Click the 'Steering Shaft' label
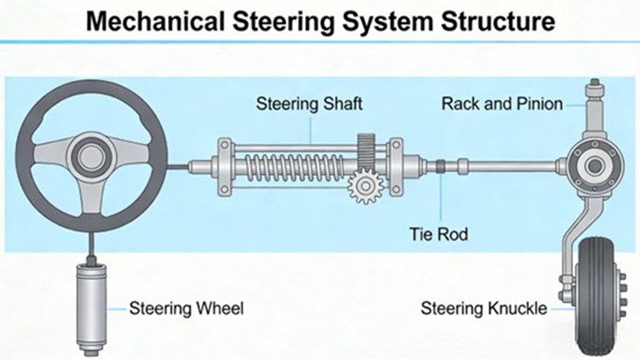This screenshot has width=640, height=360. (x=309, y=103)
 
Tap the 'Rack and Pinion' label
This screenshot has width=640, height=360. (x=502, y=103)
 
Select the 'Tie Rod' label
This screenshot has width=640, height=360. (x=439, y=234)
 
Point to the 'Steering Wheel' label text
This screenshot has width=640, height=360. (x=187, y=307)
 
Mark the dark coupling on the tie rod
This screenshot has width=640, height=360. (x=440, y=164)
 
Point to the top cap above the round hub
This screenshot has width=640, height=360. (x=594, y=93)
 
